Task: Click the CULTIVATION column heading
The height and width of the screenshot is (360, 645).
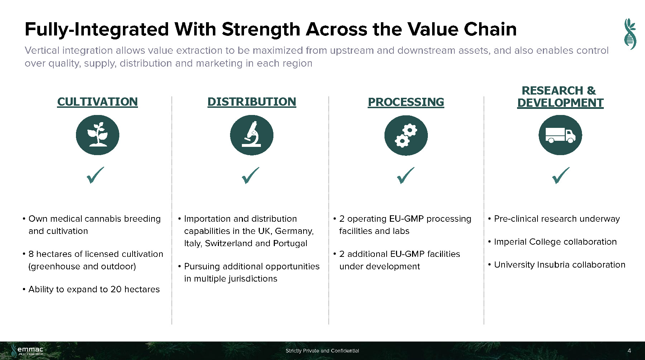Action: [x=97, y=102]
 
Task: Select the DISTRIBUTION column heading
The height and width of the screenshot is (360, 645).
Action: [x=252, y=102]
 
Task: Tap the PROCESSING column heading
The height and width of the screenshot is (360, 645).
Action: [x=406, y=102]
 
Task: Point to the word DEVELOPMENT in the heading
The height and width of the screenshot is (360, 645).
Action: [x=560, y=103]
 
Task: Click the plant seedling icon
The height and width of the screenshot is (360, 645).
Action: [x=97, y=135]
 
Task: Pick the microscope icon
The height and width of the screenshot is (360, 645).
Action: [x=252, y=135]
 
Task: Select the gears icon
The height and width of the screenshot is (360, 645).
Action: [x=406, y=135]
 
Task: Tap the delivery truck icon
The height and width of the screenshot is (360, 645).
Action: [x=560, y=135]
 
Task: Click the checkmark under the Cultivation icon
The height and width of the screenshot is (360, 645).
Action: [x=96, y=175]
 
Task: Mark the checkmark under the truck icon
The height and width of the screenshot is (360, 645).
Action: [x=561, y=176]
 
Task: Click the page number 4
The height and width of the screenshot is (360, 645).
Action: [x=630, y=351]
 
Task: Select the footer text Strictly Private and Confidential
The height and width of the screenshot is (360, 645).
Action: [x=322, y=351]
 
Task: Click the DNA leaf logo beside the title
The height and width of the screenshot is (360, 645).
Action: [x=630, y=34]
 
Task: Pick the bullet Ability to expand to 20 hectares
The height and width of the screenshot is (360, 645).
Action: [x=91, y=289]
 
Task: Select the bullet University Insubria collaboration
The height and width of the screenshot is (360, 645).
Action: [x=557, y=265]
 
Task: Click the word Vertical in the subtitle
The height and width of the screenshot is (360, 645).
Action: [x=42, y=50]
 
